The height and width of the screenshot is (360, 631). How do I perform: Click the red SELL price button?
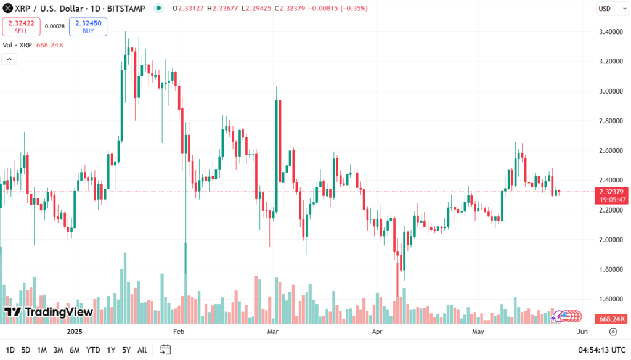(22, 27)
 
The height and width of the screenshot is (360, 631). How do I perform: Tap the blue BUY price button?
(88, 27)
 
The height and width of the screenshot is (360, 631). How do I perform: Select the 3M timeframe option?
(58, 350)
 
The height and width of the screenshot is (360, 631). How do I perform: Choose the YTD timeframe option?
(93, 350)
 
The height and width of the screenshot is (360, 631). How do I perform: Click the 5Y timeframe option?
(126, 350)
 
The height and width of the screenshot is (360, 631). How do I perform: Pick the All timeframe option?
(142, 350)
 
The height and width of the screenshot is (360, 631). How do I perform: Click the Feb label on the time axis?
(179, 332)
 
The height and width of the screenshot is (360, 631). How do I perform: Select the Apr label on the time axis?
(378, 332)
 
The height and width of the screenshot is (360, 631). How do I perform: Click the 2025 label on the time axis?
(75, 332)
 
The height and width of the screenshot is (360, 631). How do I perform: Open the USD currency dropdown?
(607, 9)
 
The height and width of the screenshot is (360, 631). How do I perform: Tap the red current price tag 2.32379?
(612, 192)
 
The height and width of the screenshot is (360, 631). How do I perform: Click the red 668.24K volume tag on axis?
(612, 319)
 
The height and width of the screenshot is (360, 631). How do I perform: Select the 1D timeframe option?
(10, 350)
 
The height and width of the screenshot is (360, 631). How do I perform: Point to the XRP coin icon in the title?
(8, 8)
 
